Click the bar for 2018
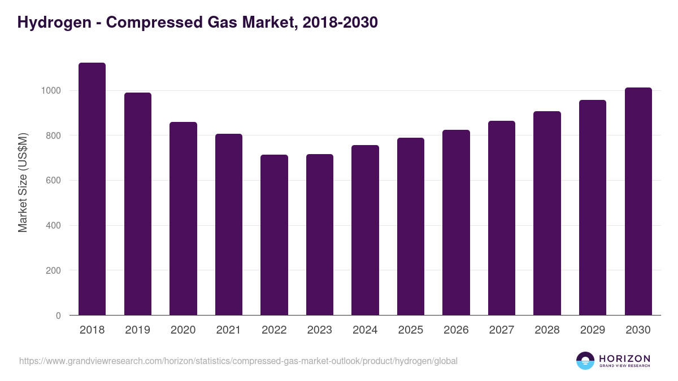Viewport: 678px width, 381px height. click(92, 189)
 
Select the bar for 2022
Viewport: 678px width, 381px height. click(274, 235)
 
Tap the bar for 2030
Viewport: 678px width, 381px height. click(638, 202)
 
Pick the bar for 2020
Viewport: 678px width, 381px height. click(183, 218)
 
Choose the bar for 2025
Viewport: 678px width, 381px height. click(411, 226)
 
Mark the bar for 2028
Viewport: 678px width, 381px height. click(547, 213)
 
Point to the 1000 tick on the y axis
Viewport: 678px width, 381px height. click(51, 91)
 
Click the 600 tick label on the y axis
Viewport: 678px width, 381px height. click(54, 181)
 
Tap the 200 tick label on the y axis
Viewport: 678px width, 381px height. click(54, 270)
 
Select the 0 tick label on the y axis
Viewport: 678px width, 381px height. click(58, 316)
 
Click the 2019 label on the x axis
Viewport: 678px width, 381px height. click(138, 330)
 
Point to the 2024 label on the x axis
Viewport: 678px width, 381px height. click(365, 330)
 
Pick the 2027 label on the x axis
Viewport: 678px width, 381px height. click(502, 330)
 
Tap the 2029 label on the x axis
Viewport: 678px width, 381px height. click(593, 330)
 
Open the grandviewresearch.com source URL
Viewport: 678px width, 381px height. click(238, 361)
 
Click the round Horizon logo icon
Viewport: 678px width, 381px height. click(585, 361)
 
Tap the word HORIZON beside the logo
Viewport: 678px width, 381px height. click(624, 358)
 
